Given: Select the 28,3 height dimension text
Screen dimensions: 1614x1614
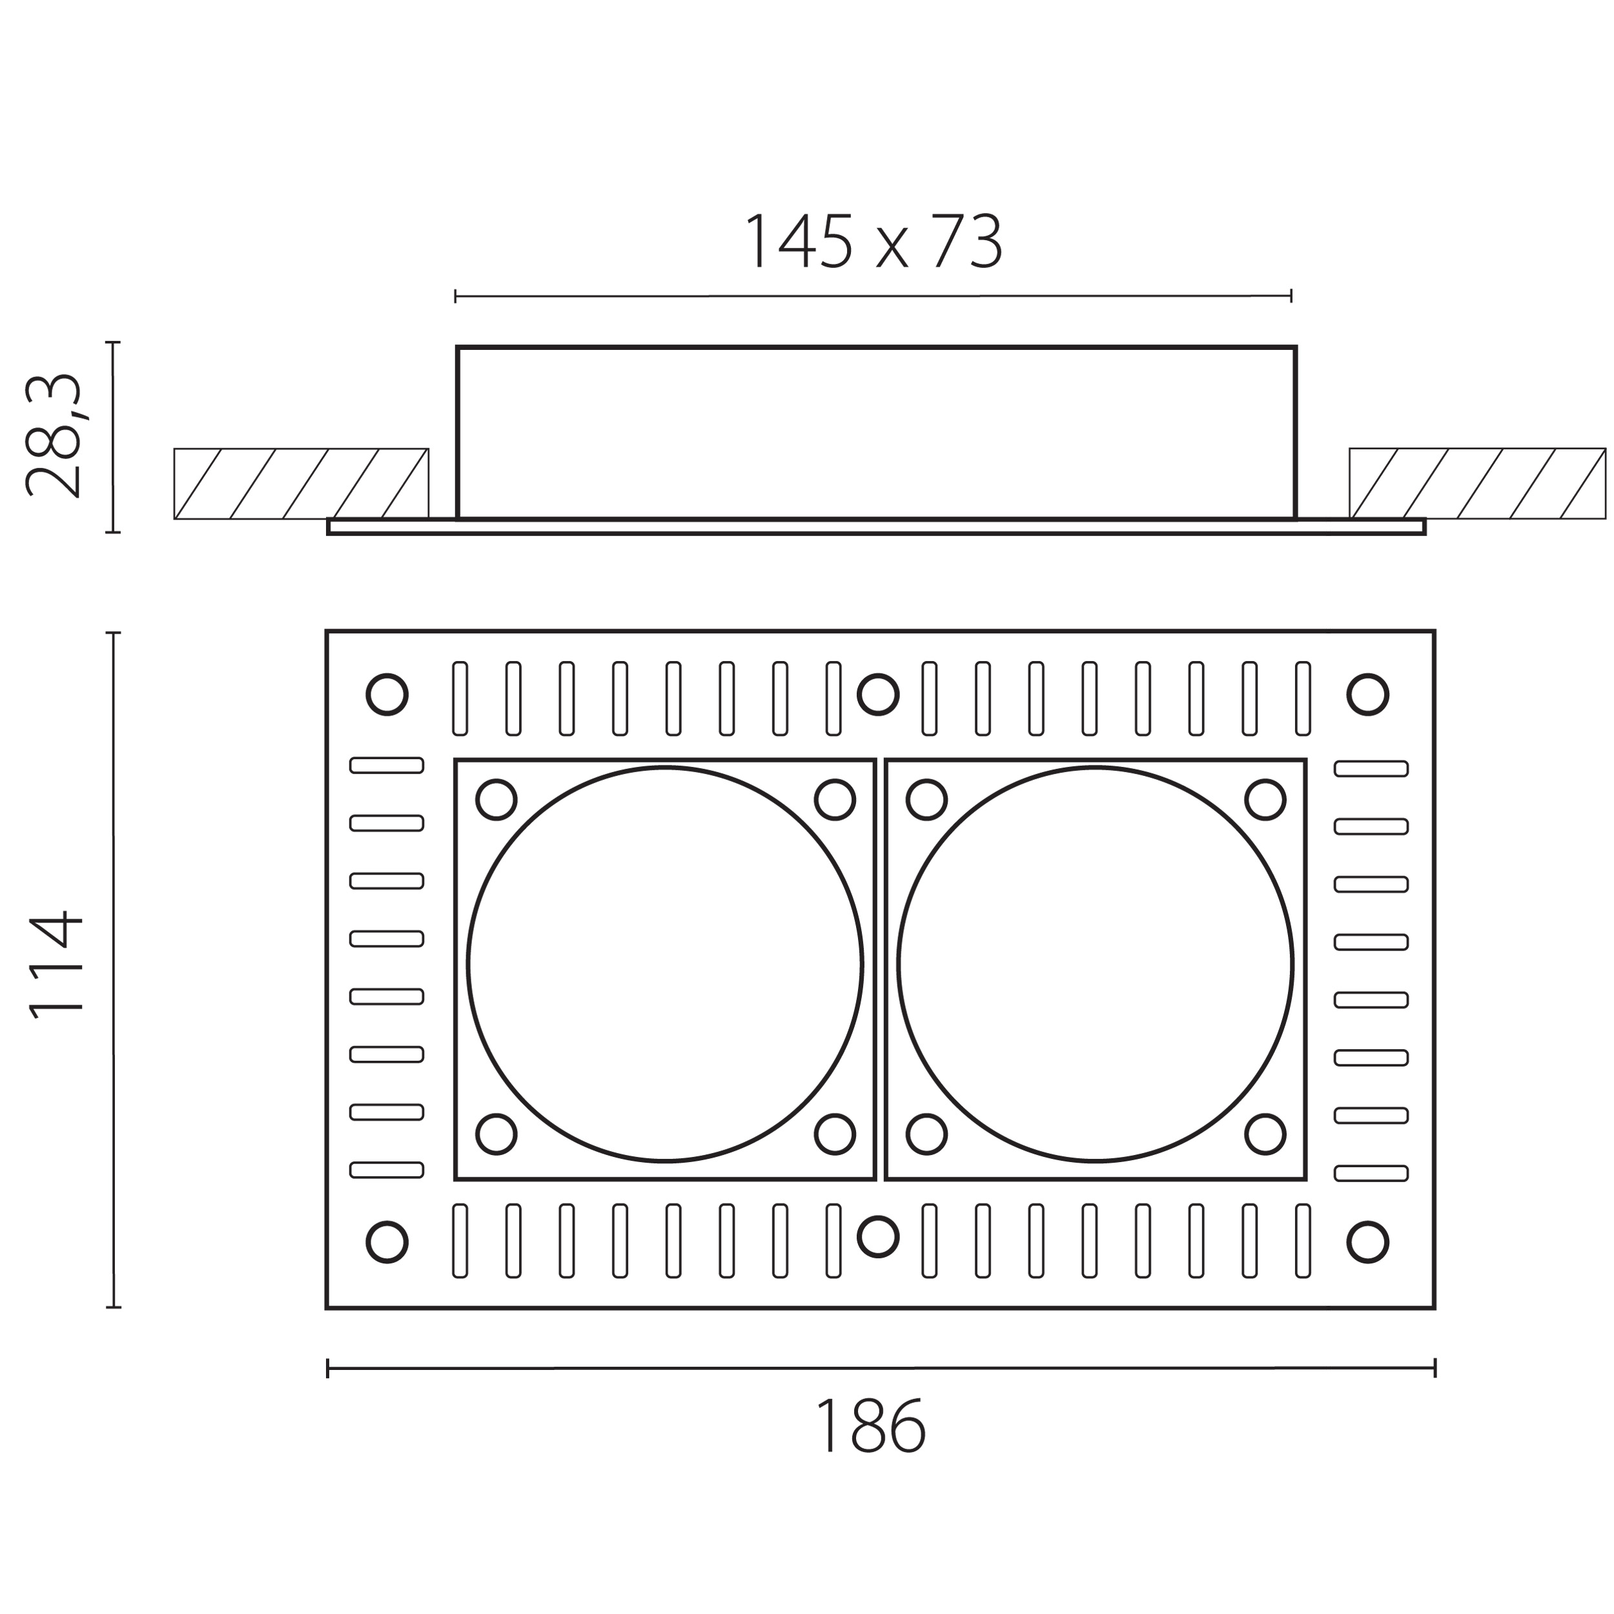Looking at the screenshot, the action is coord(54,435).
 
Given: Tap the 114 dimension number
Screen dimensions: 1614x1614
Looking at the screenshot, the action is coord(56,965).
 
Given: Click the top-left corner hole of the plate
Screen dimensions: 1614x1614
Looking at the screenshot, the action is coord(387,694).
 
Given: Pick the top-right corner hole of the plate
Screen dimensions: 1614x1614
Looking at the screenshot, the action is coord(1367,694).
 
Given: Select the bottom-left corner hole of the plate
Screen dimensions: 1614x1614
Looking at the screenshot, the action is coord(387,1242).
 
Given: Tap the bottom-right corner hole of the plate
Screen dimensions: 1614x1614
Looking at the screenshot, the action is coord(1367,1242).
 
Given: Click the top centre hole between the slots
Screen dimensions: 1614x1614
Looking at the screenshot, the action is coord(878,694).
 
